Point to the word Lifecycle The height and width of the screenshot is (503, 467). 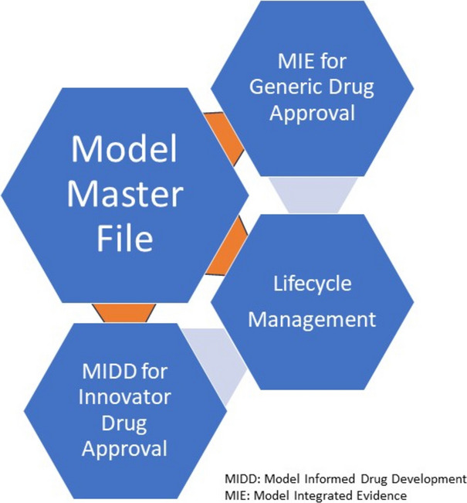click(x=313, y=283)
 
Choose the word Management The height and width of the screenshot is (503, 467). click(x=313, y=318)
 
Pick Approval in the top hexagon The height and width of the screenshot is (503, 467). click(x=313, y=113)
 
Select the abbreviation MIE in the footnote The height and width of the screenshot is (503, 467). click(x=236, y=494)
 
